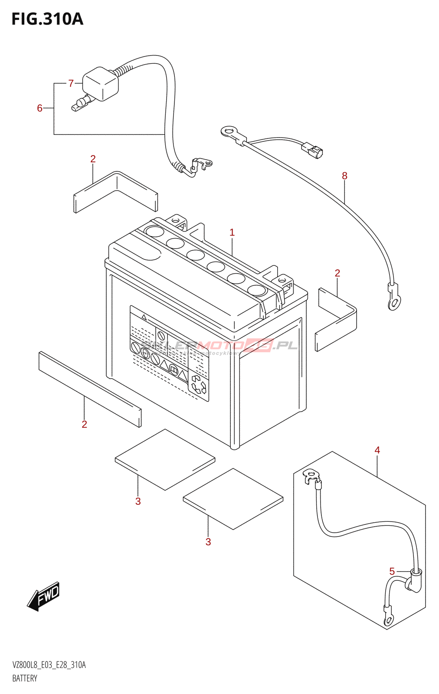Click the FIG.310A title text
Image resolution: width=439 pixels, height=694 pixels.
pos(47,19)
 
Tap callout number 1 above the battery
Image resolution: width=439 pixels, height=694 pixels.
pos(232,232)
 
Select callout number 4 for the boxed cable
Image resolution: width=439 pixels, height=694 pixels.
pos(377,450)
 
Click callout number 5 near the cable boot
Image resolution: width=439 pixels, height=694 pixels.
pos(392,571)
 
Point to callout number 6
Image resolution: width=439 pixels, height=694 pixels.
pos(39,108)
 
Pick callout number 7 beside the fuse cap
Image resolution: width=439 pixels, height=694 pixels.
pos(71,83)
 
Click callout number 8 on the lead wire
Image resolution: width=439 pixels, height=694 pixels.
pos(344,176)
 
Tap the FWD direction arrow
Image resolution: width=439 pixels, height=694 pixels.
pos(44,596)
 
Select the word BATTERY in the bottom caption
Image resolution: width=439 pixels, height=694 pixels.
pos(25,678)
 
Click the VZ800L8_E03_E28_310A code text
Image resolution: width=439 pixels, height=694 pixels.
pos(49,665)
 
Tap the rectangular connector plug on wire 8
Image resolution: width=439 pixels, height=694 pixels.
pos(313,150)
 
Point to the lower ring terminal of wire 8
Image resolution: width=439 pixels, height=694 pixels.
pos(394,302)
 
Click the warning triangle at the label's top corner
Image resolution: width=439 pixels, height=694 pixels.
pos(144,318)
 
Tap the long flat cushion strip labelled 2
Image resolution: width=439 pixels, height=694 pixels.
pos(90,389)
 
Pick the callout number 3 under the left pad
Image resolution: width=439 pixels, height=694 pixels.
pos(138,501)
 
